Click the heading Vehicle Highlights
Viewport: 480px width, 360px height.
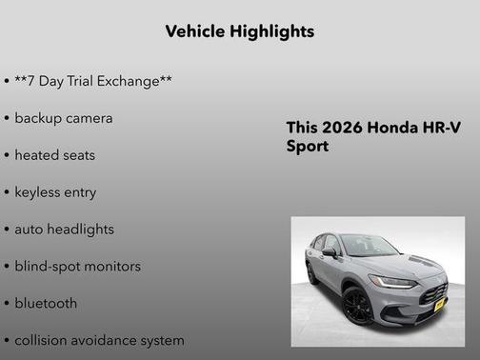(x=239, y=31)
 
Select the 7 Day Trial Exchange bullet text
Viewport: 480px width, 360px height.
(x=93, y=81)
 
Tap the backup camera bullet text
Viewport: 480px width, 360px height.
(x=64, y=118)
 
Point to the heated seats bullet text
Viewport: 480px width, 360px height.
(x=55, y=154)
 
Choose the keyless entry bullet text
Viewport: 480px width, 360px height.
(x=55, y=191)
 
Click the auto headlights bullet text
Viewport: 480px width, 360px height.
(x=64, y=229)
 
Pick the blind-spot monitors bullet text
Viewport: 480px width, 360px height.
(x=77, y=266)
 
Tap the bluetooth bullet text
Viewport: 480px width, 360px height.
(x=46, y=303)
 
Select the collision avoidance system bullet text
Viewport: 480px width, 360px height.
(x=99, y=340)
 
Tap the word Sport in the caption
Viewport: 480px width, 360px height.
(x=308, y=147)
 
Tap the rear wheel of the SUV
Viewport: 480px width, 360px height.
(x=312, y=273)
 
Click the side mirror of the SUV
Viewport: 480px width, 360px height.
(x=329, y=252)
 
